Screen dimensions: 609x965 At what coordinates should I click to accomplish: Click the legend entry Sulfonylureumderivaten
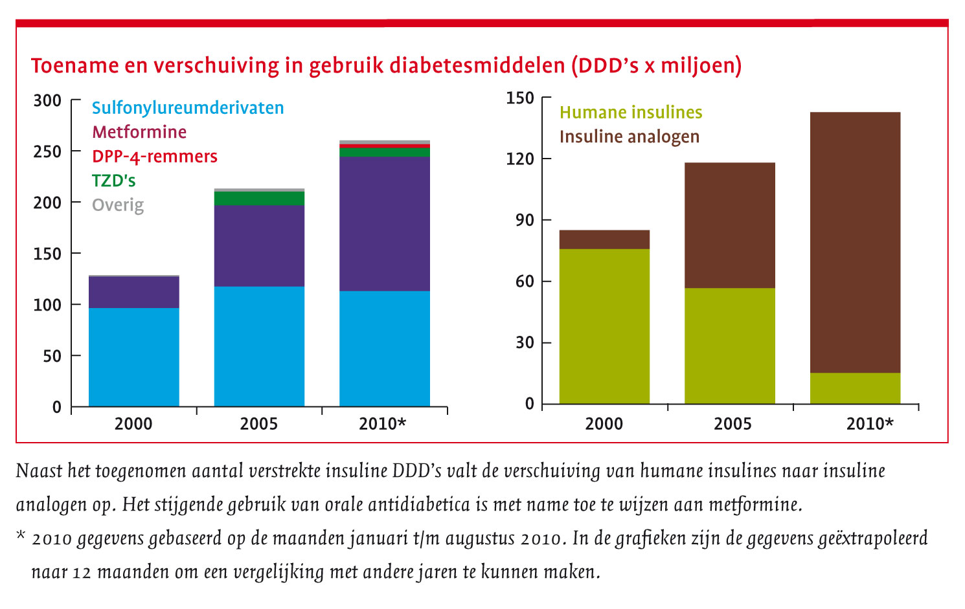pos(188,107)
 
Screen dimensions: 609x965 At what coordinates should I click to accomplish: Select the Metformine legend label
pos(139,132)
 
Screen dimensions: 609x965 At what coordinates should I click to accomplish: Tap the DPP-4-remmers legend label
pos(155,157)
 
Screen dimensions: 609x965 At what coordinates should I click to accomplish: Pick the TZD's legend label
pos(114,181)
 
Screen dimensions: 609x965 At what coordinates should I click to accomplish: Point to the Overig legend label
pos(118,205)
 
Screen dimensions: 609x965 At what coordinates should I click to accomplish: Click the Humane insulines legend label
pos(631,113)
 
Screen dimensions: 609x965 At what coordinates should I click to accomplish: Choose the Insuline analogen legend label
pos(630,137)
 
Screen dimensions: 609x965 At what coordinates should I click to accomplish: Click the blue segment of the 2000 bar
pos(134,357)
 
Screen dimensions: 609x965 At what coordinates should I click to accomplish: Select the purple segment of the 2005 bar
pos(259,246)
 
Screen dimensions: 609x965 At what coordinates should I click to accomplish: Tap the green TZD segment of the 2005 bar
pos(259,198)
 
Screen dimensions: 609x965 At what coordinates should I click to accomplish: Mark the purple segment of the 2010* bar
pos(385,224)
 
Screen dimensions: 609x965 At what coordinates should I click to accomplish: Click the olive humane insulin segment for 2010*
pos(855,388)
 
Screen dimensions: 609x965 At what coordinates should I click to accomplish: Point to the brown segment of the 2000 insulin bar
pos(604,239)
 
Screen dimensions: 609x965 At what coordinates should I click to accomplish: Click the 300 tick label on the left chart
pos(47,100)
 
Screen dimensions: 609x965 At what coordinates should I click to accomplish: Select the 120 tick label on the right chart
pos(520,159)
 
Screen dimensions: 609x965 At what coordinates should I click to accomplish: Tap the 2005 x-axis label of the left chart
pos(259,424)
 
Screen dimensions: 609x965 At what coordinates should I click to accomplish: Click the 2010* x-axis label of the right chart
pos(869,424)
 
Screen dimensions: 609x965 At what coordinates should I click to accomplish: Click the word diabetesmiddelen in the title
pos(478,65)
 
